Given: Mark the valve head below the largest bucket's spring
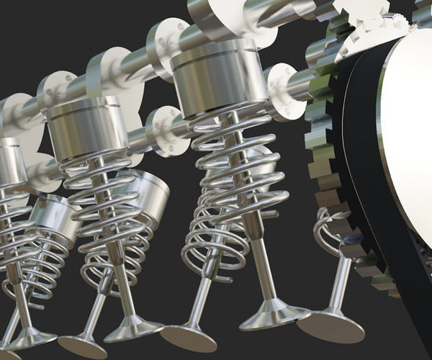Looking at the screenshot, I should coord(274,315).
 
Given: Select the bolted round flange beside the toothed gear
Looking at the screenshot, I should coord(284,91).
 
